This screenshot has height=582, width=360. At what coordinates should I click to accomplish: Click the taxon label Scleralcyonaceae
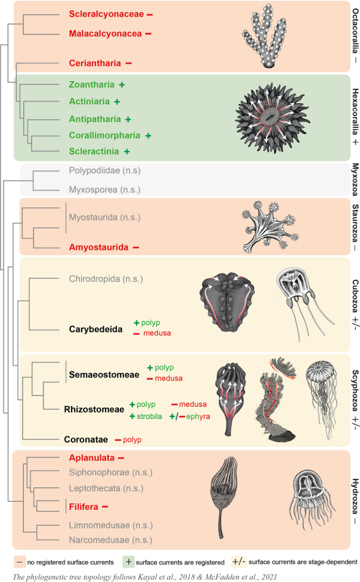tap(106, 14)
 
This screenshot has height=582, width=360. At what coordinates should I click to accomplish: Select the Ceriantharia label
tap(95, 63)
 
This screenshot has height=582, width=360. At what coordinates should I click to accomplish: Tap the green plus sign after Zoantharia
tap(122, 85)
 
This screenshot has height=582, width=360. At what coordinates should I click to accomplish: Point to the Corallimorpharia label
tap(105, 135)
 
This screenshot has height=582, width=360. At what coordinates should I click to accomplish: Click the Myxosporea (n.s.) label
tap(105, 190)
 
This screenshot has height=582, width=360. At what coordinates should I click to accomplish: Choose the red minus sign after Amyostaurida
tap(136, 247)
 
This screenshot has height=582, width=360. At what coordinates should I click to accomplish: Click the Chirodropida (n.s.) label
tap(106, 279)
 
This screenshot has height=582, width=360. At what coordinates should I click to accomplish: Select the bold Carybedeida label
tap(96, 329)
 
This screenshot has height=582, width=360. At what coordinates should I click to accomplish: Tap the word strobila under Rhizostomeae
tap(149, 416)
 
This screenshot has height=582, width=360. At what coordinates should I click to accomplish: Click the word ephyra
tap(198, 417)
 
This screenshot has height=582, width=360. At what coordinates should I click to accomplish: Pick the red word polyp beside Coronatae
tap(132, 440)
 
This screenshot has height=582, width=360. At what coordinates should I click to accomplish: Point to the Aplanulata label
tap(92, 458)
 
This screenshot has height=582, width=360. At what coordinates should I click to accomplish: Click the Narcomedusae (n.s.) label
tap(111, 540)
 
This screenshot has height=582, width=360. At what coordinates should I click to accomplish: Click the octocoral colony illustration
tap(264, 36)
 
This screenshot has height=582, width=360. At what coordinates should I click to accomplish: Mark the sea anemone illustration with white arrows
tap(273, 118)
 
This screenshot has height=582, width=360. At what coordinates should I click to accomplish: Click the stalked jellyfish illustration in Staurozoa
tap(270, 227)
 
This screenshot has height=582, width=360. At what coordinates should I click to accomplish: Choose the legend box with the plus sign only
tap(129, 562)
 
